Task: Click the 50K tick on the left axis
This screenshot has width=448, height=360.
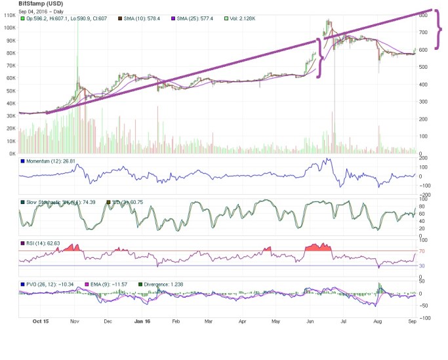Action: (11, 90)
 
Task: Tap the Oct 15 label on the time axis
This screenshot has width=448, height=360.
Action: (41, 323)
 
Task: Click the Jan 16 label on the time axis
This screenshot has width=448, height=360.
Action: (142, 323)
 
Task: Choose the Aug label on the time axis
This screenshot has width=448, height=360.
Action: (378, 323)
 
